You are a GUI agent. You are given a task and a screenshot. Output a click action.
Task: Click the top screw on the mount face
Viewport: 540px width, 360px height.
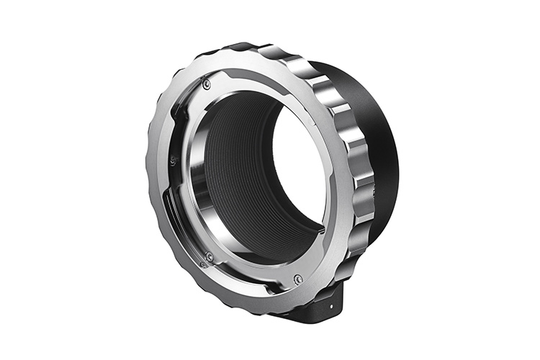[207, 84]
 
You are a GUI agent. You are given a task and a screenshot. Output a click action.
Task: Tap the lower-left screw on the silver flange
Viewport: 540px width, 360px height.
[209, 256]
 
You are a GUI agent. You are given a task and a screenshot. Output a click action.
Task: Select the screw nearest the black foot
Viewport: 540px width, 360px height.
[297, 279]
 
